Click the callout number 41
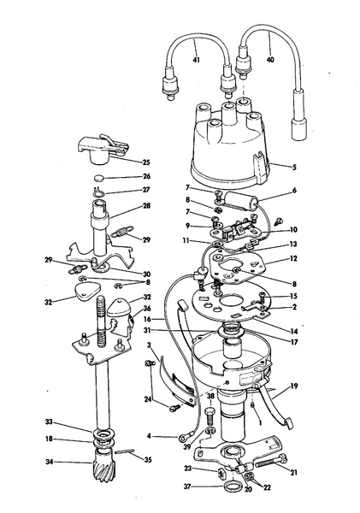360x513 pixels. pos(197,62)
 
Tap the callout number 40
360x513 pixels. pos(271,60)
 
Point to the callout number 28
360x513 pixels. pos(146,206)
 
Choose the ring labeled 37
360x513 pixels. pos(230,489)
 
